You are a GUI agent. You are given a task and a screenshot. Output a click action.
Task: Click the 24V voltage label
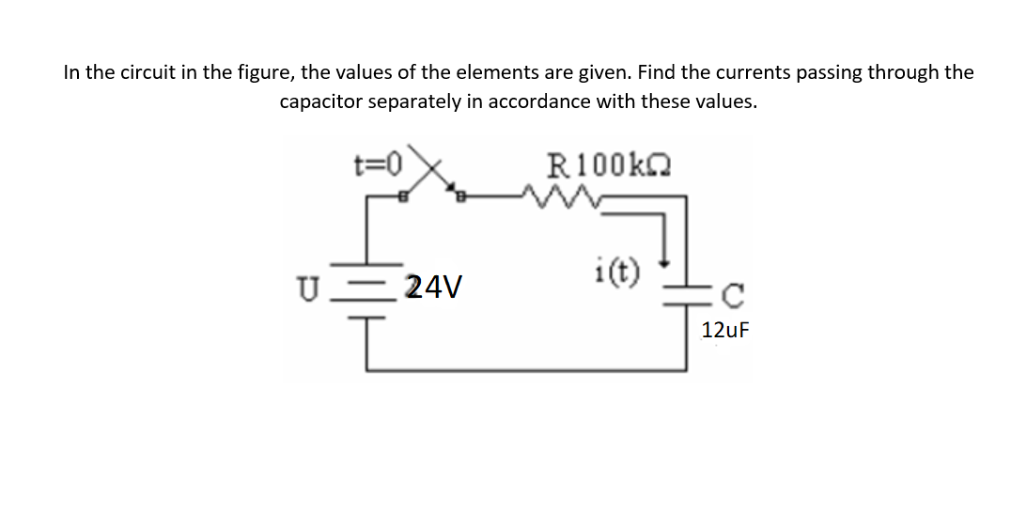tap(433, 287)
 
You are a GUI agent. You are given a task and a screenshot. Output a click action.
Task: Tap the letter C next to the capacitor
tap(733, 300)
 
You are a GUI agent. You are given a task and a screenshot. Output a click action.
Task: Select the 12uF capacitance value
tap(726, 330)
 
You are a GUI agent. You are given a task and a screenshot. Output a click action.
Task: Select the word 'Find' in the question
tap(655, 72)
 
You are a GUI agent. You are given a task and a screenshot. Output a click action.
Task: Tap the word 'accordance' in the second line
tap(536, 102)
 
